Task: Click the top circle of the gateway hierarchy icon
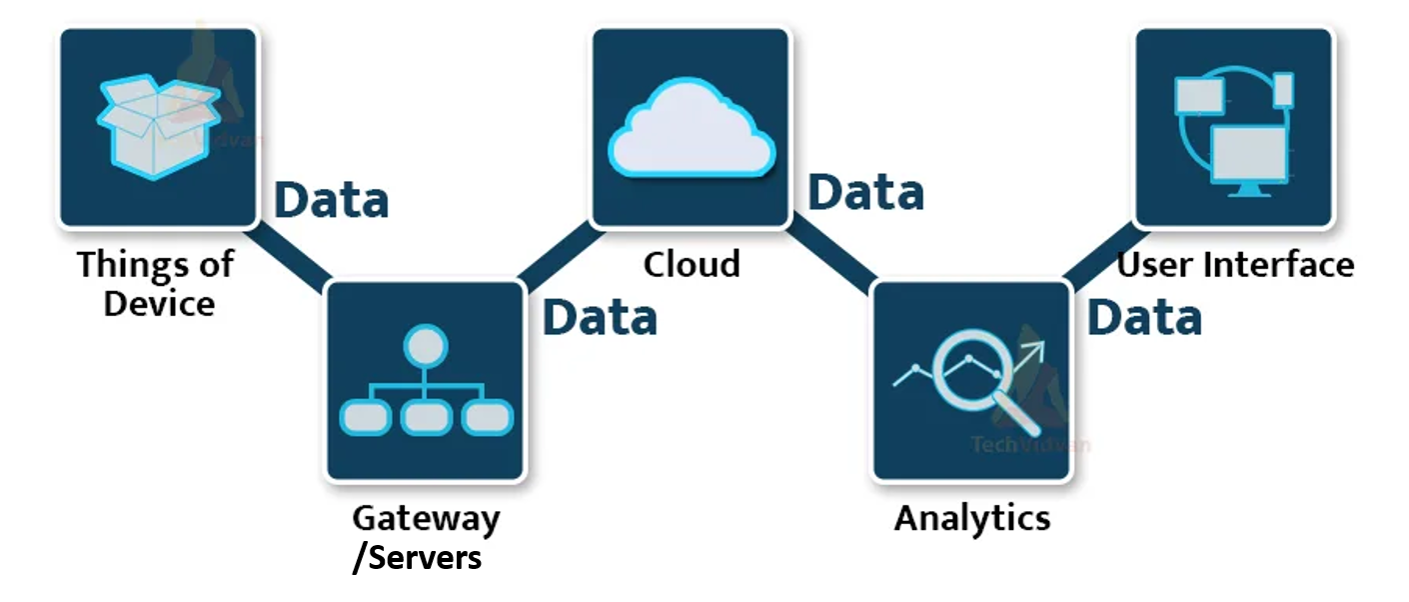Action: click(x=425, y=347)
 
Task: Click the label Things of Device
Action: click(x=157, y=283)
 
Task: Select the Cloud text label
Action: click(x=692, y=264)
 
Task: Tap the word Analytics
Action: click(x=971, y=518)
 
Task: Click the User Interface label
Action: click(x=1235, y=265)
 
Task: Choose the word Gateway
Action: click(x=426, y=518)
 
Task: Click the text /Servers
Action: click(x=417, y=556)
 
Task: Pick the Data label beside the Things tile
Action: click(x=332, y=200)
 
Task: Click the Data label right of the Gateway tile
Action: click(x=600, y=317)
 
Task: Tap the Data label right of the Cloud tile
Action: click(x=865, y=192)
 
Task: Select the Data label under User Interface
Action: click(x=1144, y=317)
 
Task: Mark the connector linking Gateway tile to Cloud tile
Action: click(x=557, y=254)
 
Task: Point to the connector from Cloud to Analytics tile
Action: click(x=831, y=255)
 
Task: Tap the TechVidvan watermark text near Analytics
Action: click(x=1030, y=445)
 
